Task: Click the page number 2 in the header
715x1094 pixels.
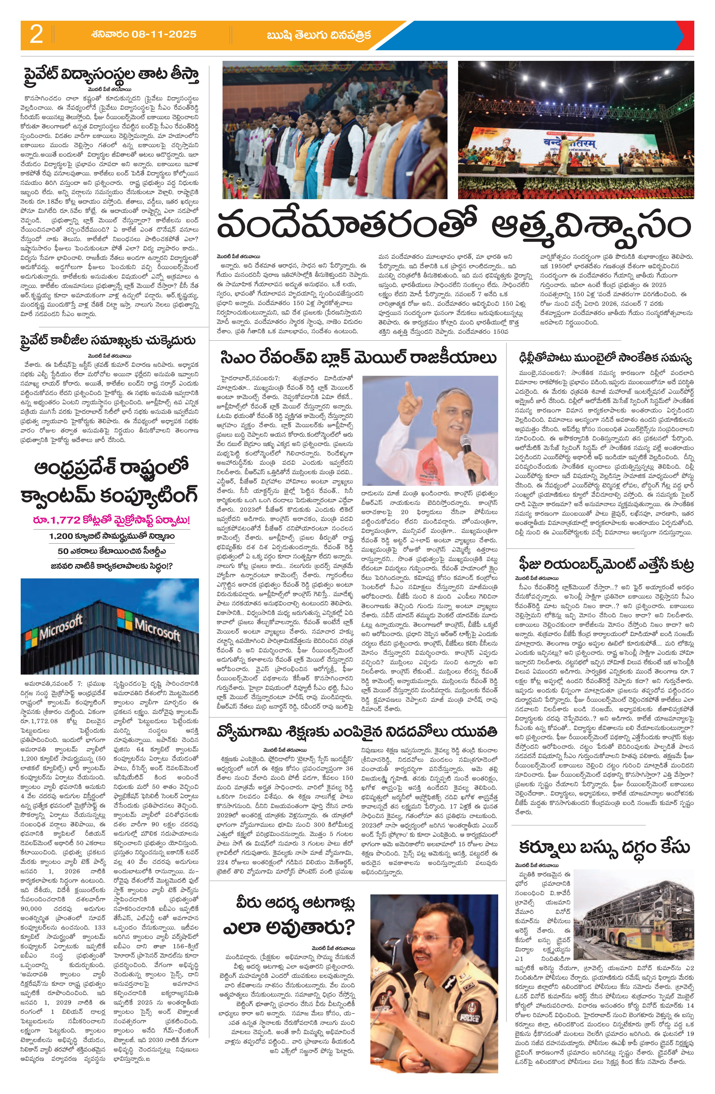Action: point(36,35)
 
